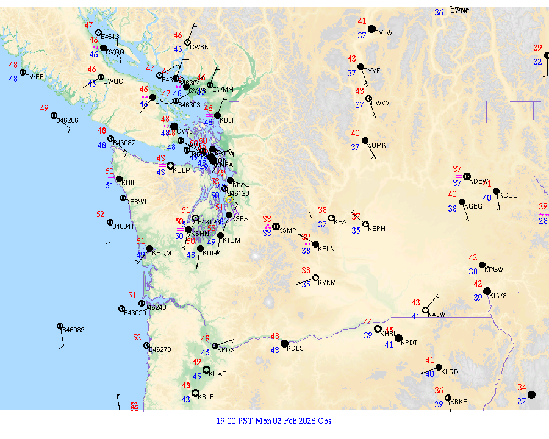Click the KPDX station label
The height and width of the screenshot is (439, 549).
(x=226, y=350)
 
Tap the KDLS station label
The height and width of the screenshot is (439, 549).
(x=295, y=348)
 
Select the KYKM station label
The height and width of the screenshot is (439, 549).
(x=327, y=283)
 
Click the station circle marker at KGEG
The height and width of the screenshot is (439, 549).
(x=462, y=202)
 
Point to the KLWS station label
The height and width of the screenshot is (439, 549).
(x=498, y=296)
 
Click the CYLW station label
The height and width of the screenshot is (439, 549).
(x=382, y=33)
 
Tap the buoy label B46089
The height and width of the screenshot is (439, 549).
(x=74, y=330)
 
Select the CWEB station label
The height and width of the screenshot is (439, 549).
(x=34, y=77)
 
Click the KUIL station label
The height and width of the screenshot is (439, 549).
(x=129, y=183)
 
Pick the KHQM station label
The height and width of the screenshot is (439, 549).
(x=162, y=253)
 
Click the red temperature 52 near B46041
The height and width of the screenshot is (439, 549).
(x=101, y=214)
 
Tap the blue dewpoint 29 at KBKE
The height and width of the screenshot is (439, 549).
(x=439, y=404)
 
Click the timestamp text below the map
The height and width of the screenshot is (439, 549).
(x=274, y=421)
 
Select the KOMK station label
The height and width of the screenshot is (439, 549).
(x=377, y=145)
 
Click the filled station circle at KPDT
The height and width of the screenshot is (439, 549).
(x=398, y=338)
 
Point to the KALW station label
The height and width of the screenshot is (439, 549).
(x=437, y=315)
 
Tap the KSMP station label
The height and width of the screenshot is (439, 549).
(x=287, y=230)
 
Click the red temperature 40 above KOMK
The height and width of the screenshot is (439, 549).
(x=356, y=133)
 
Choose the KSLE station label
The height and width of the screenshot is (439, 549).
(x=206, y=397)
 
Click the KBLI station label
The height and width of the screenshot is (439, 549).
(x=226, y=120)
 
